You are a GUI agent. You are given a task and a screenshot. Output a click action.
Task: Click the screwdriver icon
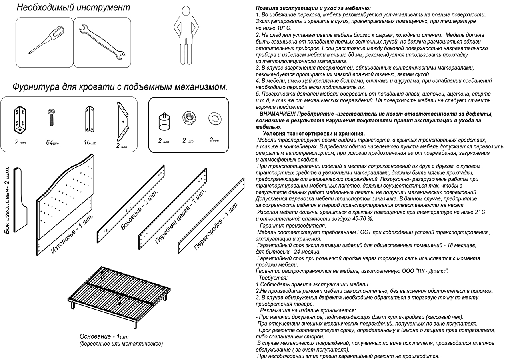45,40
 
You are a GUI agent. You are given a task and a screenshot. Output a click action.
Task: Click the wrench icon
102,42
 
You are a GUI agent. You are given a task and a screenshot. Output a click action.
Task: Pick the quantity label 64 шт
52,142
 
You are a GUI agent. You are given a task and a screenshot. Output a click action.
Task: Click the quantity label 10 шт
90,142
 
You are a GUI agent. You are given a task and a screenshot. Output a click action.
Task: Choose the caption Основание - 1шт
104,336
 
